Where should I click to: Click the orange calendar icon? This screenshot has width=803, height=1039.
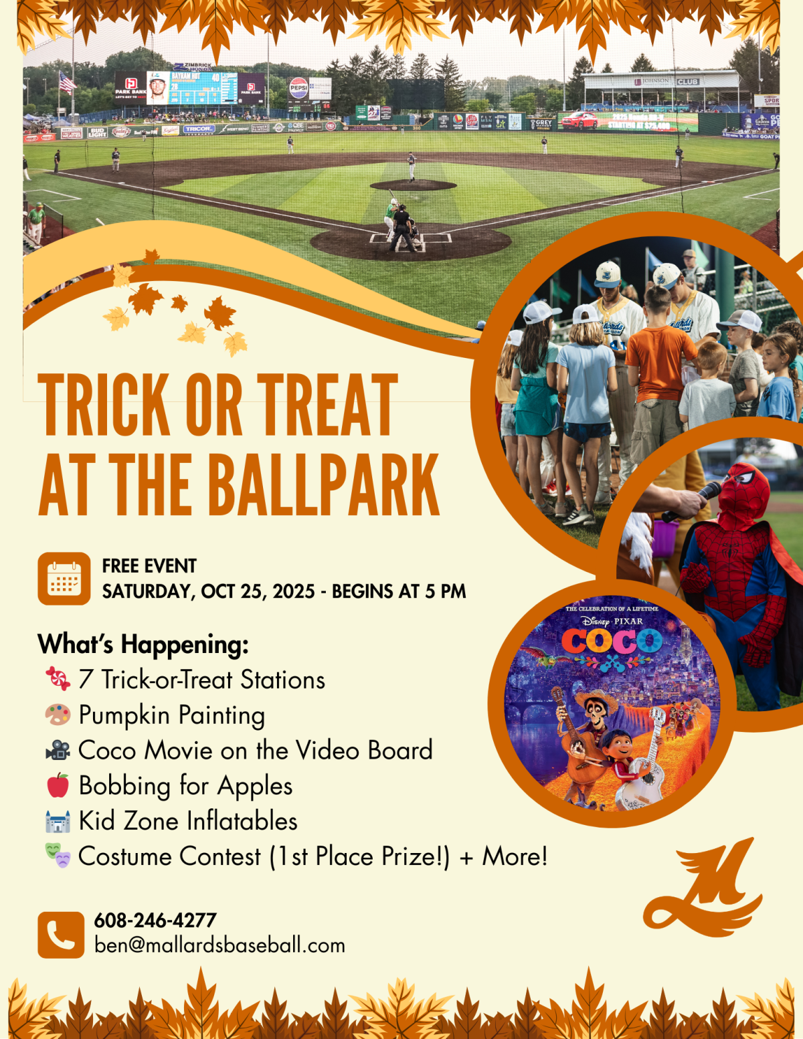click(64, 578)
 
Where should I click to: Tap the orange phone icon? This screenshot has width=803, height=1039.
click(61, 935)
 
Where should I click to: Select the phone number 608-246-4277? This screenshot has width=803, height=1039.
click(155, 921)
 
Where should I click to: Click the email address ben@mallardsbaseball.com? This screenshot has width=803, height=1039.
click(219, 945)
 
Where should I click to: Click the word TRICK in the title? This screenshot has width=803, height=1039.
click(104, 405)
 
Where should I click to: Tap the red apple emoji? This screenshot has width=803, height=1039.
click(58, 785)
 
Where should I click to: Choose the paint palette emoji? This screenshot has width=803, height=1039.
click(58, 715)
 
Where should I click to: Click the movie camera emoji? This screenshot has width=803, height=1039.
click(58, 750)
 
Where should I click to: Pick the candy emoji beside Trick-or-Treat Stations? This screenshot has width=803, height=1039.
click(58, 678)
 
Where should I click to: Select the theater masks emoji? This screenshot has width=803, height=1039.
click(58, 855)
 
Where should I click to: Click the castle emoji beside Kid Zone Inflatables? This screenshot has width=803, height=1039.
click(58, 821)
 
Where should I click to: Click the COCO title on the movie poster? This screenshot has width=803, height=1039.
click(612, 641)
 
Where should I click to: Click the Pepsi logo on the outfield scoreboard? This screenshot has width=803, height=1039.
click(298, 88)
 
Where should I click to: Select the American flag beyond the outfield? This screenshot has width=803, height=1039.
click(67, 82)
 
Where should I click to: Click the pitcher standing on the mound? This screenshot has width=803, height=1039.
click(412, 167)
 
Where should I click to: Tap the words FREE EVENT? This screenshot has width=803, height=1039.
click(149, 566)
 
